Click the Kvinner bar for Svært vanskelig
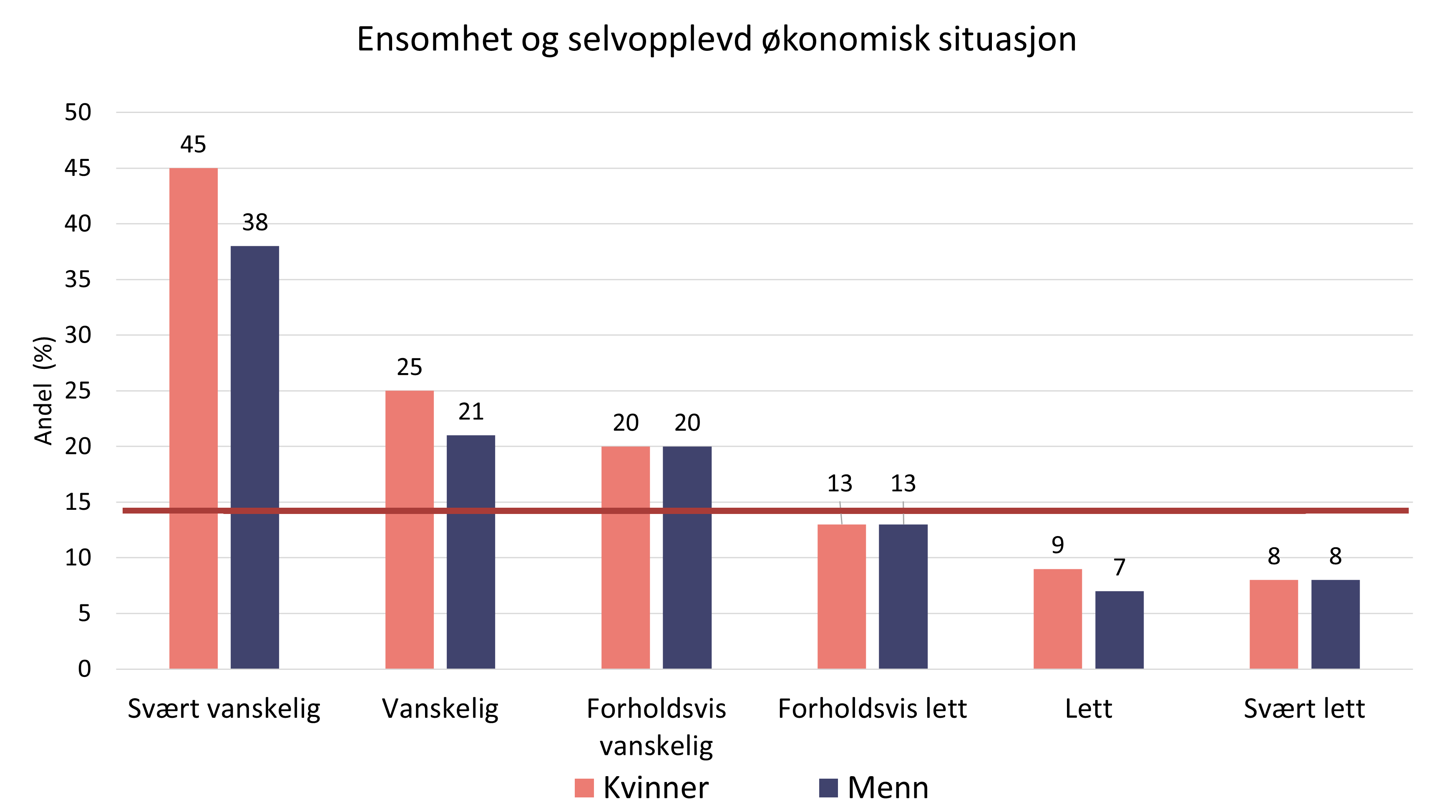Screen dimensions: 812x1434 tap(193, 418)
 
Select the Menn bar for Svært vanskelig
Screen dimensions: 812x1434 tap(254, 457)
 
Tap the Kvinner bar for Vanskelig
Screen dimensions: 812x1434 tap(409, 530)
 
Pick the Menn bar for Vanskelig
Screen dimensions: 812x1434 tap(470, 552)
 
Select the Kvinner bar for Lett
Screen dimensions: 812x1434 tap(1057, 619)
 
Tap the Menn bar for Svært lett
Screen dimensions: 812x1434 tap(1335, 624)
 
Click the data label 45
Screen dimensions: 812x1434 tap(193, 145)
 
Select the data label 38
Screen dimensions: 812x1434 tap(255, 223)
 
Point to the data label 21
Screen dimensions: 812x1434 tap(471, 411)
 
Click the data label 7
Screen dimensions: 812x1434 tap(1120, 567)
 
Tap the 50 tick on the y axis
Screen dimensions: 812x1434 tap(78, 112)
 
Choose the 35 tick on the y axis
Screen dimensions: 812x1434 tap(78, 279)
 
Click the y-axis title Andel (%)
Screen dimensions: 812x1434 tap(43, 391)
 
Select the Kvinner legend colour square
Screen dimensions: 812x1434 tap(584, 788)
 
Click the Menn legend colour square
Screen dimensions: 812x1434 tap(828, 788)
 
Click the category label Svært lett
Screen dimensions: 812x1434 tap(1304, 709)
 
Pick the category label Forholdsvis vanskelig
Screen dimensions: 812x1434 tap(656, 727)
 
